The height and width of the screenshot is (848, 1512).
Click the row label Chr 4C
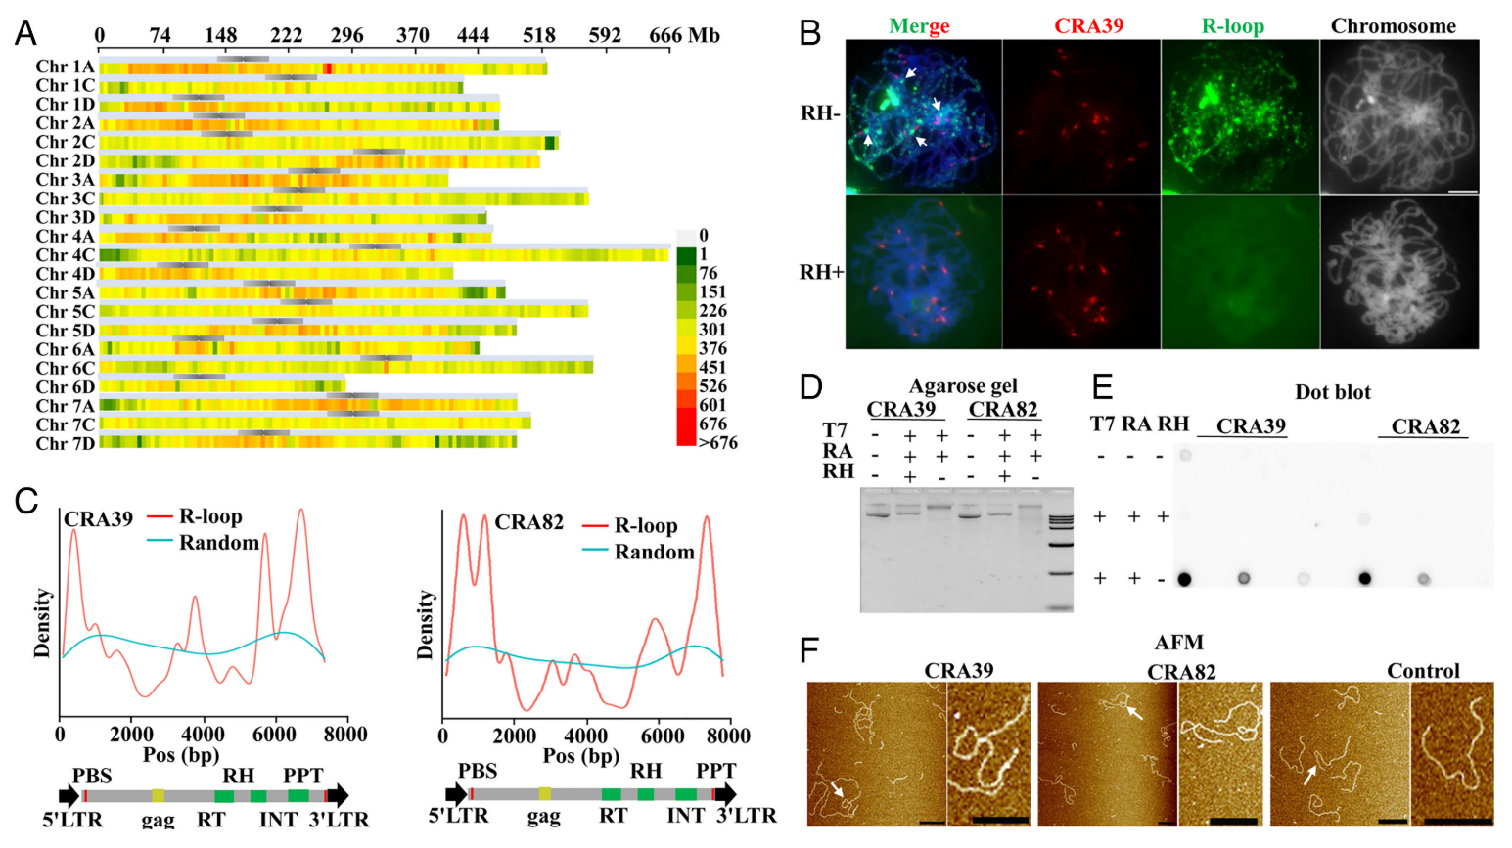point(66,255)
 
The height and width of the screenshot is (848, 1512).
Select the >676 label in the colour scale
point(717,443)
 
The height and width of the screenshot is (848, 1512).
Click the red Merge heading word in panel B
point(920,26)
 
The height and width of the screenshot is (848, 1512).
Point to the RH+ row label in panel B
point(822,272)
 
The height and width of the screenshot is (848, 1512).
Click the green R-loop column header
point(1232,26)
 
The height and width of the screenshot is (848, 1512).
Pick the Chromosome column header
point(1393,26)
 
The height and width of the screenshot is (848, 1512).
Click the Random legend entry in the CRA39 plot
point(218,543)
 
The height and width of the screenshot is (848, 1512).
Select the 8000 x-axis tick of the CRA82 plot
point(728,736)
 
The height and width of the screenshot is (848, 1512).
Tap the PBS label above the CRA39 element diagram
point(92,776)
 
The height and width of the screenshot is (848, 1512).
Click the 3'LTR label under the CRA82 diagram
point(747,815)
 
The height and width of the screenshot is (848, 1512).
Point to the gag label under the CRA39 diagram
point(158,819)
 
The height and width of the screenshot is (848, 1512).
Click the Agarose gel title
point(963,386)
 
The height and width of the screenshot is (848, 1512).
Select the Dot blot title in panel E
point(1332,392)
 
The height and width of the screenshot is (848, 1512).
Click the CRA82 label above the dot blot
point(1425,426)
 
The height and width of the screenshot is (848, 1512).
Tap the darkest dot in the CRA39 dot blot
point(1184,579)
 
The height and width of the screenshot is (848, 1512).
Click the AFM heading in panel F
point(1178,643)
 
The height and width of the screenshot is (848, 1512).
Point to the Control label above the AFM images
point(1422,671)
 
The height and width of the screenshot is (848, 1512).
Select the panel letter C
point(26,500)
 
